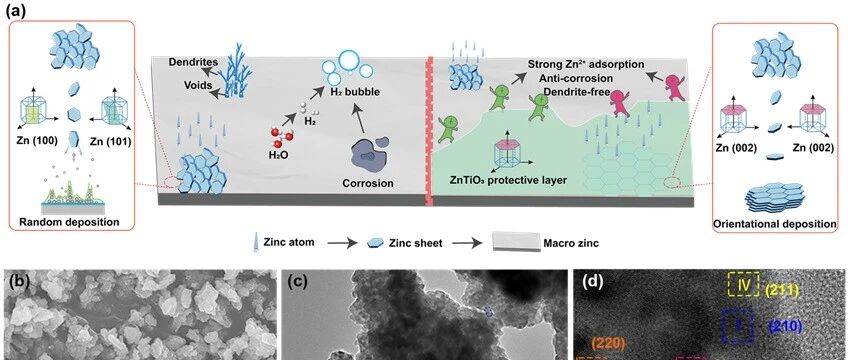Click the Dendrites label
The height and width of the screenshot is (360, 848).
coord(187,62)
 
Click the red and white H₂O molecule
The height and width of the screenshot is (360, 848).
coord(281,138)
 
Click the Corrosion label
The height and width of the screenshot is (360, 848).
coord(368,183)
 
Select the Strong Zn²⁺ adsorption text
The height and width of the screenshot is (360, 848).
coord(586,64)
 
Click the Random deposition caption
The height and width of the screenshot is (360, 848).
coord(69,222)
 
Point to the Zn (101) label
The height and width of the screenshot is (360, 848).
coord(110,144)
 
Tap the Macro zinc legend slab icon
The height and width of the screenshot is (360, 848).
coord(516,242)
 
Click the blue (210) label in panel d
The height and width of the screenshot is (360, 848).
coord(785,326)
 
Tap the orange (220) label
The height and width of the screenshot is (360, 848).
coord(609,343)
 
